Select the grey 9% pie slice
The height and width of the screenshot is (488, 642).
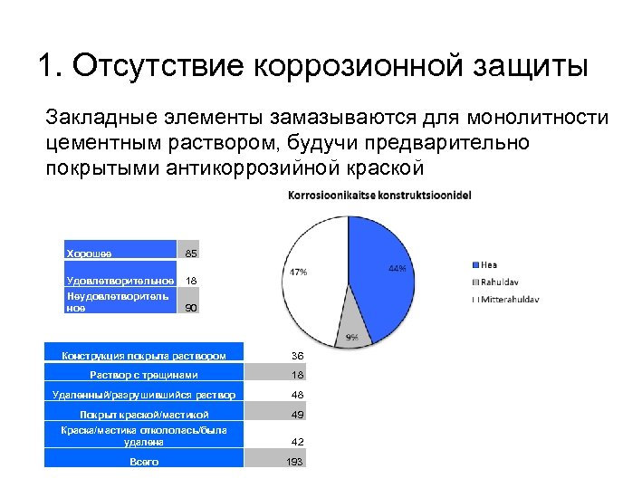click(x=353, y=321)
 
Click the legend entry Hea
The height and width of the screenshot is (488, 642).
click(x=488, y=265)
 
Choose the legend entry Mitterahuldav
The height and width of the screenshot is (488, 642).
click(x=506, y=298)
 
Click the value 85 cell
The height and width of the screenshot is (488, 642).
click(x=191, y=254)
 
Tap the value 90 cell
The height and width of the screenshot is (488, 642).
click(x=191, y=308)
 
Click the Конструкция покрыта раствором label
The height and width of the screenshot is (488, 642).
click(x=144, y=355)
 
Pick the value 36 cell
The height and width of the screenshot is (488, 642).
click(x=297, y=355)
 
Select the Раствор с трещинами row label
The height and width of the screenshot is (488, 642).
click(x=144, y=374)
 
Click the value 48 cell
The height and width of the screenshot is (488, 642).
click(x=297, y=395)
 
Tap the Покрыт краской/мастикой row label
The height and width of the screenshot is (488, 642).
click(x=144, y=414)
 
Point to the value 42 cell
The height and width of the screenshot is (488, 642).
click(x=297, y=441)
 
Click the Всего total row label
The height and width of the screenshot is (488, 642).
click(x=144, y=461)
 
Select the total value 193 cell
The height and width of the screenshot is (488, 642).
click(x=295, y=462)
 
